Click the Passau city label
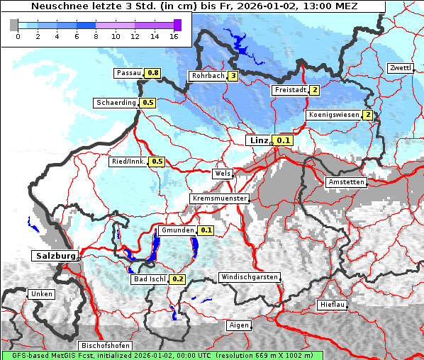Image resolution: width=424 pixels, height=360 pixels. pyautogui.click(x=129, y=73)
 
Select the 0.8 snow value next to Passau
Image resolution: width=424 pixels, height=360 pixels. pyautogui.click(x=153, y=73)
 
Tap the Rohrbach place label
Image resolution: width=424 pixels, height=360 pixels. pyautogui.click(x=207, y=76)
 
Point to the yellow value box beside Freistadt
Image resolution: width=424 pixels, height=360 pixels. pyautogui.click(x=314, y=90)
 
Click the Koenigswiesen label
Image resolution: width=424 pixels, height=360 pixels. pyautogui.click(x=333, y=115)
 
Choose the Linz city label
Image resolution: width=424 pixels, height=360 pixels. pyautogui.click(x=258, y=140)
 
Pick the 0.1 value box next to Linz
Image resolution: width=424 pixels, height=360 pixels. pyautogui.click(x=284, y=141)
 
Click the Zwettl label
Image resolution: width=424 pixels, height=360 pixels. pyautogui.click(x=400, y=68)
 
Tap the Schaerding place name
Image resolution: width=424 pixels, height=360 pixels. pyautogui.click(x=116, y=103)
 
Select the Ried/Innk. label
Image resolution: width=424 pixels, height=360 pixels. pyautogui.click(x=128, y=162)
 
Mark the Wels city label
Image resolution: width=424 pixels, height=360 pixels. pyautogui.click(x=222, y=174)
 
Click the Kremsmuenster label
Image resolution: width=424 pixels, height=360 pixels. pyautogui.click(x=219, y=199)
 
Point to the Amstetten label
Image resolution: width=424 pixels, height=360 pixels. pyautogui.click(x=346, y=182)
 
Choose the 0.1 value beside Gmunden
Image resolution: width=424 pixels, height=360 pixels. pyautogui.click(x=206, y=230)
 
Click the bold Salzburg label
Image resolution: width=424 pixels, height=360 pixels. pyautogui.click(x=54, y=255)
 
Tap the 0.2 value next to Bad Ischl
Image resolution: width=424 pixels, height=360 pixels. pyautogui.click(x=178, y=279)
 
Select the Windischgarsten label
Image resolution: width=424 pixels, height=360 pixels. pyautogui.click(x=249, y=277)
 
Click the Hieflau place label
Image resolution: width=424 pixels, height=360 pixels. pyautogui.click(x=333, y=305)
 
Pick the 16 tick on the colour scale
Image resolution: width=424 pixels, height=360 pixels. pyautogui.click(x=174, y=36)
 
